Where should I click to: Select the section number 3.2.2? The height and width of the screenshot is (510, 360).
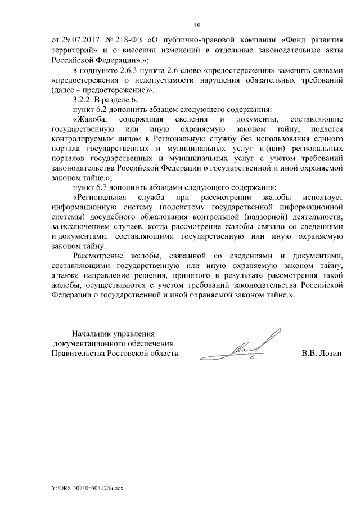[79, 100]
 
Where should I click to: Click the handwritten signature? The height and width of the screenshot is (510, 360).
[242, 346]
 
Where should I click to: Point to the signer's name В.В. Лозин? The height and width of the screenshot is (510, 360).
[322, 354]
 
